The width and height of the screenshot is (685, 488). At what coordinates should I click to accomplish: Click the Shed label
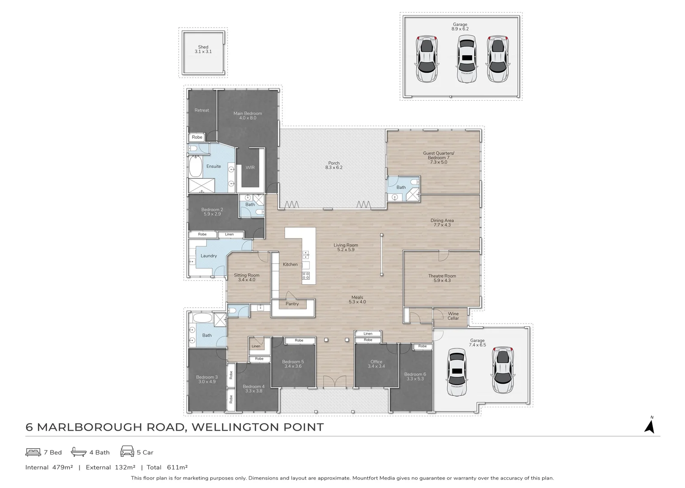[203, 49]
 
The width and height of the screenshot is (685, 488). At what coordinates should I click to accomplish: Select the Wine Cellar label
[453, 316]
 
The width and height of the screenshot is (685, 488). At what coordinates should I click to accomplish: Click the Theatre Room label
[442, 278]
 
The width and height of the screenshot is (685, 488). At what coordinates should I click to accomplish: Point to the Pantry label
[292, 304]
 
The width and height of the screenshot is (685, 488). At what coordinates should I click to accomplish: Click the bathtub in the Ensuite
[196, 166]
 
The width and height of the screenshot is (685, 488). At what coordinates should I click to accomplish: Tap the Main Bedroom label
[248, 116]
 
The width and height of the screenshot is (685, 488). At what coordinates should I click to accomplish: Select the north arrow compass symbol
[649, 426]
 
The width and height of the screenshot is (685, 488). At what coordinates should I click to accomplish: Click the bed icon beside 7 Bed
[33, 452]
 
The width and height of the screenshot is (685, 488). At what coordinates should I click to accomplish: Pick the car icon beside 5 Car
[127, 452]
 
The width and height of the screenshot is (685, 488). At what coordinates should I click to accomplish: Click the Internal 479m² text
[49, 468]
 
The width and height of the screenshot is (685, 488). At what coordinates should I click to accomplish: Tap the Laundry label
[209, 256]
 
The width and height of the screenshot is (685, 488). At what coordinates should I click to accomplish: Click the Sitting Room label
[247, 277]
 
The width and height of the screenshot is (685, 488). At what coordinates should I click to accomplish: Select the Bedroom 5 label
[293, 364]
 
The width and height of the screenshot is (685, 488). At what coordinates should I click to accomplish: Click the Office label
[376, 364]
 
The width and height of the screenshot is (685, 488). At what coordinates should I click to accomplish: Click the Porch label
[334, 165]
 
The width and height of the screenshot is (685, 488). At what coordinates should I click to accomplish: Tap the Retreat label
[202, 110]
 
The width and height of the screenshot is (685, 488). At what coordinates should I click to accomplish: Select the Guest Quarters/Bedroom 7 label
[438, 157]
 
